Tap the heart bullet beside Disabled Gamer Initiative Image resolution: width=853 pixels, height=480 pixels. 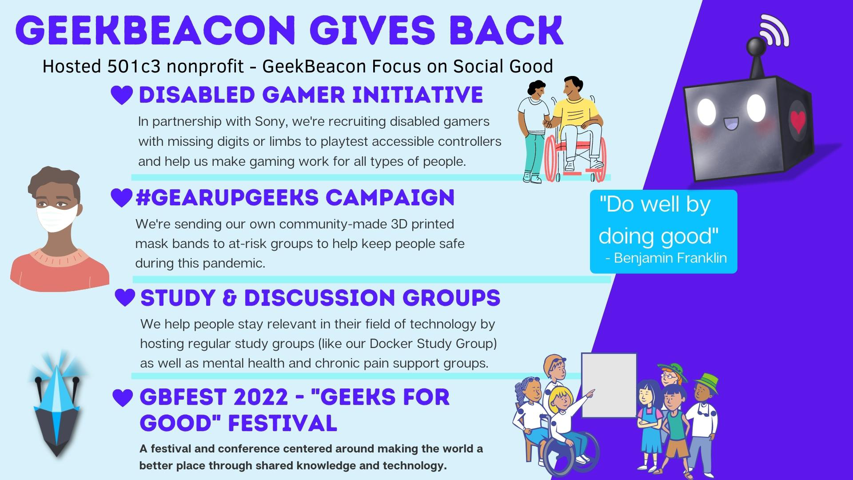[122, 95]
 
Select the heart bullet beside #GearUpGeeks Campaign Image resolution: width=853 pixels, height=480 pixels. [121, 198]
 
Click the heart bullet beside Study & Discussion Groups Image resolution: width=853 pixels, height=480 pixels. [125, 297]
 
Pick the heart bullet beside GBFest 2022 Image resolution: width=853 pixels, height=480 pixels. [123, 398]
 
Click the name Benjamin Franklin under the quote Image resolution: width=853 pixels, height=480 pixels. [670, 258]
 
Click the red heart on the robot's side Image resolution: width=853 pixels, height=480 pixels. [798, 121]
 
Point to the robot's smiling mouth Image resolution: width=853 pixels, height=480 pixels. [731, 123]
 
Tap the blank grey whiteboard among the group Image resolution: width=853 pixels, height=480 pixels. [609, 385]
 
